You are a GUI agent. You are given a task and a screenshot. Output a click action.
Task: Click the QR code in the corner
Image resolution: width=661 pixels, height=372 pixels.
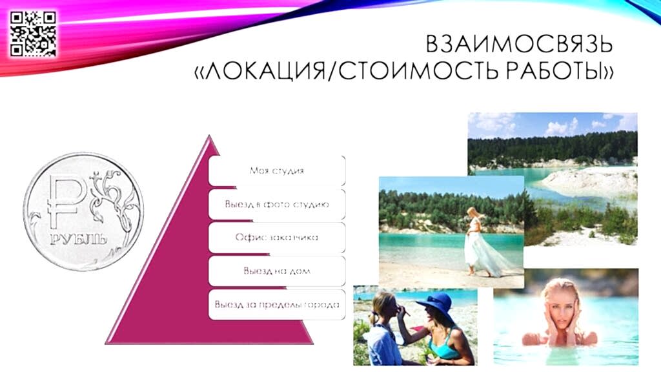[33, 34]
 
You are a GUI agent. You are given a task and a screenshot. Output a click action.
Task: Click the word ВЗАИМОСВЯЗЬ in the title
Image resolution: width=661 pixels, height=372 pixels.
[520, 44]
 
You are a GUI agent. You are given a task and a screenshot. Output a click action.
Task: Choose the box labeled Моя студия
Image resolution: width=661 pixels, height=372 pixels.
[277, 170]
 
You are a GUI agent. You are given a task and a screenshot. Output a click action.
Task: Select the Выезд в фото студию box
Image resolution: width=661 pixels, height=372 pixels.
[277, 204]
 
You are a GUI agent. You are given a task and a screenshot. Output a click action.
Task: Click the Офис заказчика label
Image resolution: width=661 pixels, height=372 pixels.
[276, 237]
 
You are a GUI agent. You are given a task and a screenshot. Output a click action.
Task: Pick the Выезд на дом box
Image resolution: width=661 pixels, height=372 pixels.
[277, 271]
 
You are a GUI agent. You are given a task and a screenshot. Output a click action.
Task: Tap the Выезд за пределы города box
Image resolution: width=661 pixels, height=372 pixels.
[277, 305]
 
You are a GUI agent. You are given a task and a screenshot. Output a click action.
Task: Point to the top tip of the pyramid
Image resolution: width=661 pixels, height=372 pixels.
[209, 136]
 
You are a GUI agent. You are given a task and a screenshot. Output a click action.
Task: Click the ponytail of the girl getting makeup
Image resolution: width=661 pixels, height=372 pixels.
[372, 316]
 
